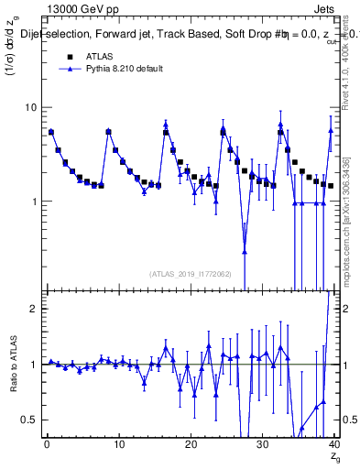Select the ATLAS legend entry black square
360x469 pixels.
[69, 57]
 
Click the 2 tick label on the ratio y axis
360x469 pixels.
[33, 309]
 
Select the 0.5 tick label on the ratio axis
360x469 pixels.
[29, 420]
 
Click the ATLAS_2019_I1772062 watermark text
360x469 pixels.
[190, 273]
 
